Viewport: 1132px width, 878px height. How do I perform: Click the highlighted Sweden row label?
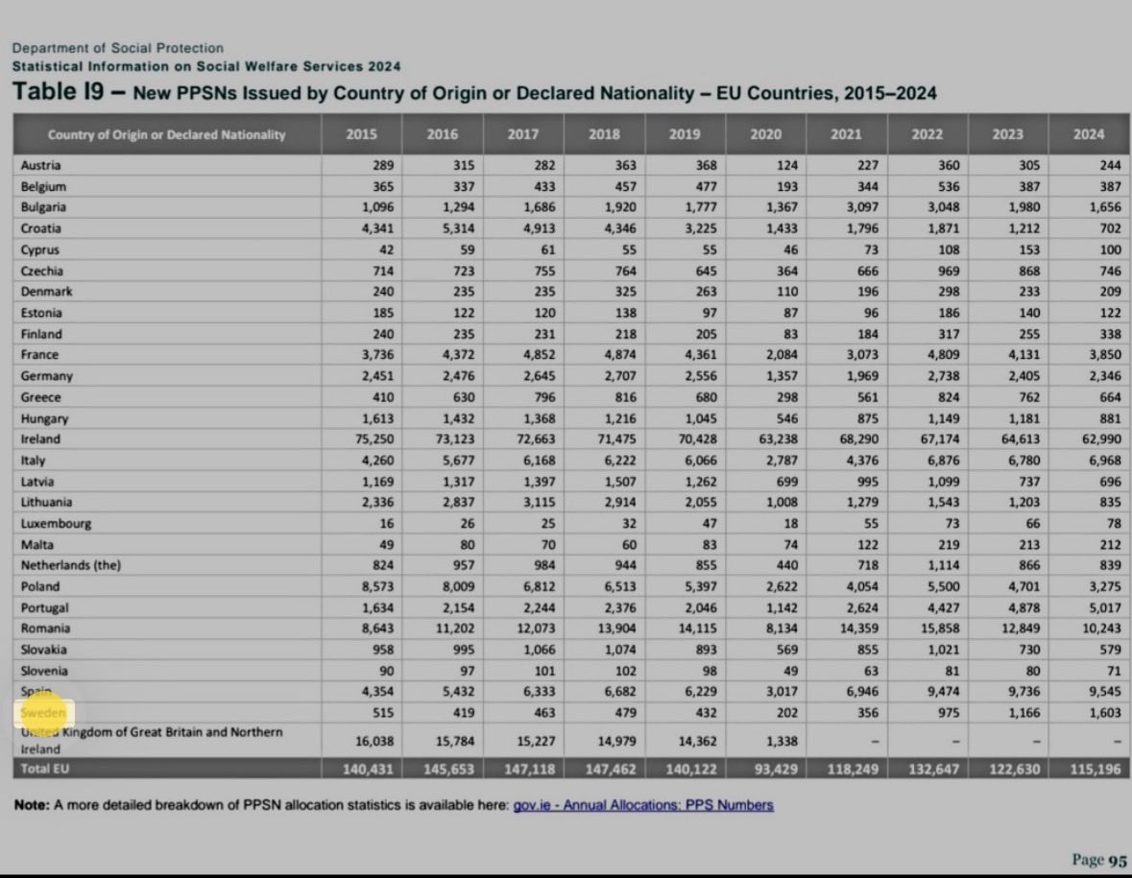(44, 713)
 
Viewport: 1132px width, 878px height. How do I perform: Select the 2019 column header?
(686, 134)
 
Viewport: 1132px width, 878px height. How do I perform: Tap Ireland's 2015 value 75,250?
(373, 439)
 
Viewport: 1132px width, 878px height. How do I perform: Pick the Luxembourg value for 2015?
(385, 524)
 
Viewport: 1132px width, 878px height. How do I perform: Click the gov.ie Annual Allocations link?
(643, 805)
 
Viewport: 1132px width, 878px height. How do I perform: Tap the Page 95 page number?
(1099, 861)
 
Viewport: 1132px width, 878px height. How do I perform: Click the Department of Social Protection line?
(117, 48)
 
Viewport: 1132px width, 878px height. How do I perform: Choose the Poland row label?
(40, 586)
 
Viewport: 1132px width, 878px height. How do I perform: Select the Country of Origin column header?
(166, 134)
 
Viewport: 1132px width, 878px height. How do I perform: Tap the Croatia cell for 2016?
(453, 228)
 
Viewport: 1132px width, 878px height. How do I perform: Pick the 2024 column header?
(1089, 134)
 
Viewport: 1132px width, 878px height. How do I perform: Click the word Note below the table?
(32, 805)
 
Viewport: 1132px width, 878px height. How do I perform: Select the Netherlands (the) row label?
(70, 566)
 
